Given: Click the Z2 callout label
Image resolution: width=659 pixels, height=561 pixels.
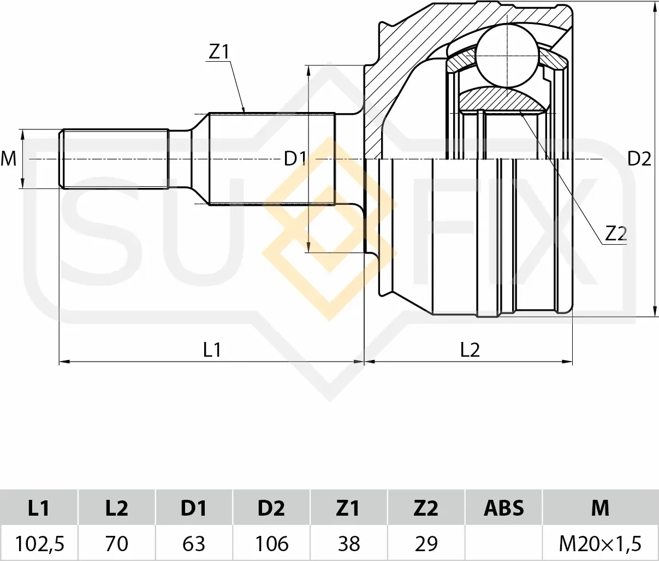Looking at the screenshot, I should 615,234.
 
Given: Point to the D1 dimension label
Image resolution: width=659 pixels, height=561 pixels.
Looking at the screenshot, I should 295,159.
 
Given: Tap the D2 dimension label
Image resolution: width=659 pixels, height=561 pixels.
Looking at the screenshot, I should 639,159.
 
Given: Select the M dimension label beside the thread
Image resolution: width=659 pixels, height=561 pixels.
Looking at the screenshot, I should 9,159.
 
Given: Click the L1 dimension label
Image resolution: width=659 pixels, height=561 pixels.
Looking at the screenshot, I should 212,350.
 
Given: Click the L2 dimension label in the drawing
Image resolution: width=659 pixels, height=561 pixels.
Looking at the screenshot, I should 470,350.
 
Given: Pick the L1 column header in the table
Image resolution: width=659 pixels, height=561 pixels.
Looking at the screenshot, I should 39,508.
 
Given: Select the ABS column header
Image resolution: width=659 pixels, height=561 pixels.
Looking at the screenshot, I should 503,508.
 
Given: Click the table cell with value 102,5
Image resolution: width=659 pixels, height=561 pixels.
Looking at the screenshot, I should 39,544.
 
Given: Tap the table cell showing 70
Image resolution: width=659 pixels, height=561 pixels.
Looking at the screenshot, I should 116,544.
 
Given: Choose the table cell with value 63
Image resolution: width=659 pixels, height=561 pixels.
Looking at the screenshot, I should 194,544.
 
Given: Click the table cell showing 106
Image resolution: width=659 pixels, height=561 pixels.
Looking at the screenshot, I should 271,544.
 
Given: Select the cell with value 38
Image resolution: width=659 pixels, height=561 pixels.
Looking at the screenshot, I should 349,544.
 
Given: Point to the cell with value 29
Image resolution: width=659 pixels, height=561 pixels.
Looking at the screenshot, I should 426,544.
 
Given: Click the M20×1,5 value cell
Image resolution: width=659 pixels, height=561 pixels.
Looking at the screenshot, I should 600,544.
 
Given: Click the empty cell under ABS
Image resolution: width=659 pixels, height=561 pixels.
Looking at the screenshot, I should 503,544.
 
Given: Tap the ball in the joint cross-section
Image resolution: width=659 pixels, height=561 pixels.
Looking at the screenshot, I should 507,55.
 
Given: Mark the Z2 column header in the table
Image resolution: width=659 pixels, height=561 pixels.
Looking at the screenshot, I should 426,508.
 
